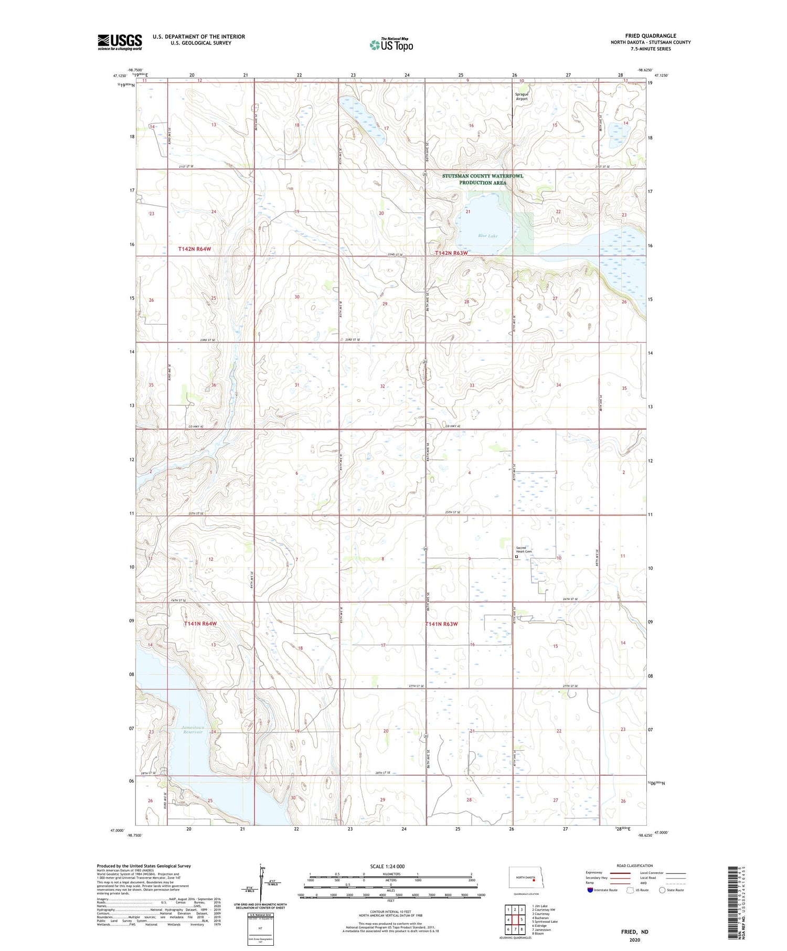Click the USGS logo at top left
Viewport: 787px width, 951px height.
coord(120,42)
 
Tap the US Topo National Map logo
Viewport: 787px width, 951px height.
coord(391,45)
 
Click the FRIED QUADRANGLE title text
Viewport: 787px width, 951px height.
coord(650,36)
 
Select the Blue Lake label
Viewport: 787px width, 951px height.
coord(487,236)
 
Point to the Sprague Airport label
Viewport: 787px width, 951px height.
coord(522,97)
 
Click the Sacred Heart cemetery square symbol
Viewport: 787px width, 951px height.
coord(516,557)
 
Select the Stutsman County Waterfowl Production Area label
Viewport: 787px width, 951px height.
coord(482,179)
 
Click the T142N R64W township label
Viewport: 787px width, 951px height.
coord(190,249)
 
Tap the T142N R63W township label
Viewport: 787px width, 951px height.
coord(451,253)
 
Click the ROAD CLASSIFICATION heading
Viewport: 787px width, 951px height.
coord(635,865)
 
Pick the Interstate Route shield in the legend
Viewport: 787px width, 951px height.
coord(590,890)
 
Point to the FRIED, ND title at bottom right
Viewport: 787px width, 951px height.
coord(634,932)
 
